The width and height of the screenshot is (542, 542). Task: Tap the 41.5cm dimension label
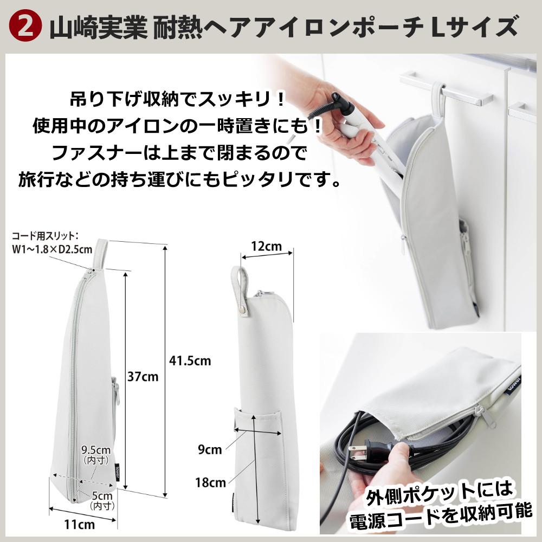(x=190, y=361)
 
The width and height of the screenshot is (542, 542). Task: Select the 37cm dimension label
(x=143, y=377)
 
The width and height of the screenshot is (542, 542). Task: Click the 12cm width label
(x=267, y=247)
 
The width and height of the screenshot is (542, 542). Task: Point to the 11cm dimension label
(x=80, y=524)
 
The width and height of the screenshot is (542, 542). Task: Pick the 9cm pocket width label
(x=210, y=449)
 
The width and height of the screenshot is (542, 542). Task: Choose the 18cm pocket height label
(x=210, y=482)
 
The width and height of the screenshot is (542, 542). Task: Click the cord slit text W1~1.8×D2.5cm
(x=52, y=249)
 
